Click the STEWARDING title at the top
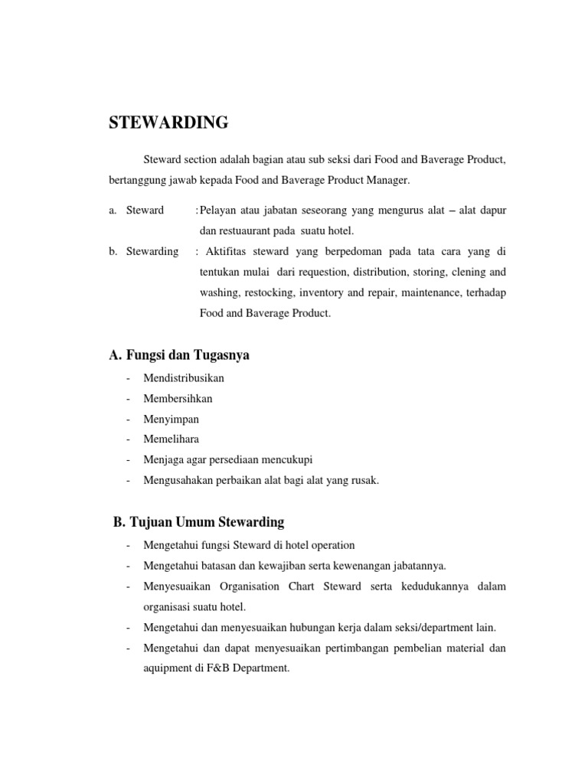point(169,122)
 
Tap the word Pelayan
point(218,210)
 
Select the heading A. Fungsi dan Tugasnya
point(180,355)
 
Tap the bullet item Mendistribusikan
point(184,378)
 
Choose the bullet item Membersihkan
point(178,399)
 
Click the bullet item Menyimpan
point(171,420)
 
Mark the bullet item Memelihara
point(171,439)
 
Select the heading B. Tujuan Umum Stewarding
point(198,522)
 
